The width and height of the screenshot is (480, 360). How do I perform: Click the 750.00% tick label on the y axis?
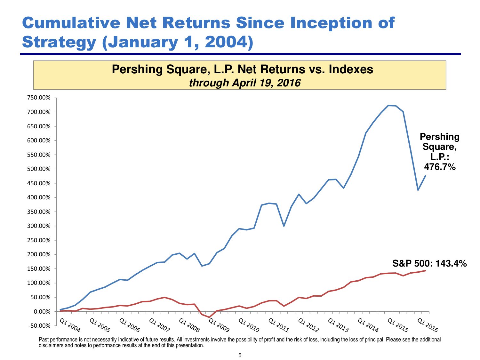tap(39, 98)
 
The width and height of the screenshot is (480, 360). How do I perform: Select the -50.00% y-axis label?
tap(39, 326)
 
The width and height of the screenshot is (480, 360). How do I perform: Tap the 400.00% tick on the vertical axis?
tap(39, 198)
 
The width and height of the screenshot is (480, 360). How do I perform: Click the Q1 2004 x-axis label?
tap(70, 325)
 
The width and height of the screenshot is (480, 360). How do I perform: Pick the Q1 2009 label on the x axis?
tap(219, 325)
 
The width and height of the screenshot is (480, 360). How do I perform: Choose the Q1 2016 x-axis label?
tap(428, 325)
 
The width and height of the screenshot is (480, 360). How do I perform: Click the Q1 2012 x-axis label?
tap(308, 325)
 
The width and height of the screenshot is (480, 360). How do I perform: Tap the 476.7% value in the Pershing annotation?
tap(440, 167)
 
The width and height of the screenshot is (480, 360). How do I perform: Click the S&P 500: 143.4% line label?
tap(429, 263)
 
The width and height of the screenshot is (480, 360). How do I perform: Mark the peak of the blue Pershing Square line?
tap(389, 105)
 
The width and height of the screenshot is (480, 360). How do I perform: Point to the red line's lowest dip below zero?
tap(209, 317)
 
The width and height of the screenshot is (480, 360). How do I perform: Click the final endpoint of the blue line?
tap(426, 175)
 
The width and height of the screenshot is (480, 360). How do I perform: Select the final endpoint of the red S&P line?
tap(426, 271)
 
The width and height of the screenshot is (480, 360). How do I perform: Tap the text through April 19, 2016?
tap(244, 83)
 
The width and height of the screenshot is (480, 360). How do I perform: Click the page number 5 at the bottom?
tap(240, 355)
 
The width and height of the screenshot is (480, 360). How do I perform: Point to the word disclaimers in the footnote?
tap(51, 346)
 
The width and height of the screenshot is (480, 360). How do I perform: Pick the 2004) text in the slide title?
tap(229, 42)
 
